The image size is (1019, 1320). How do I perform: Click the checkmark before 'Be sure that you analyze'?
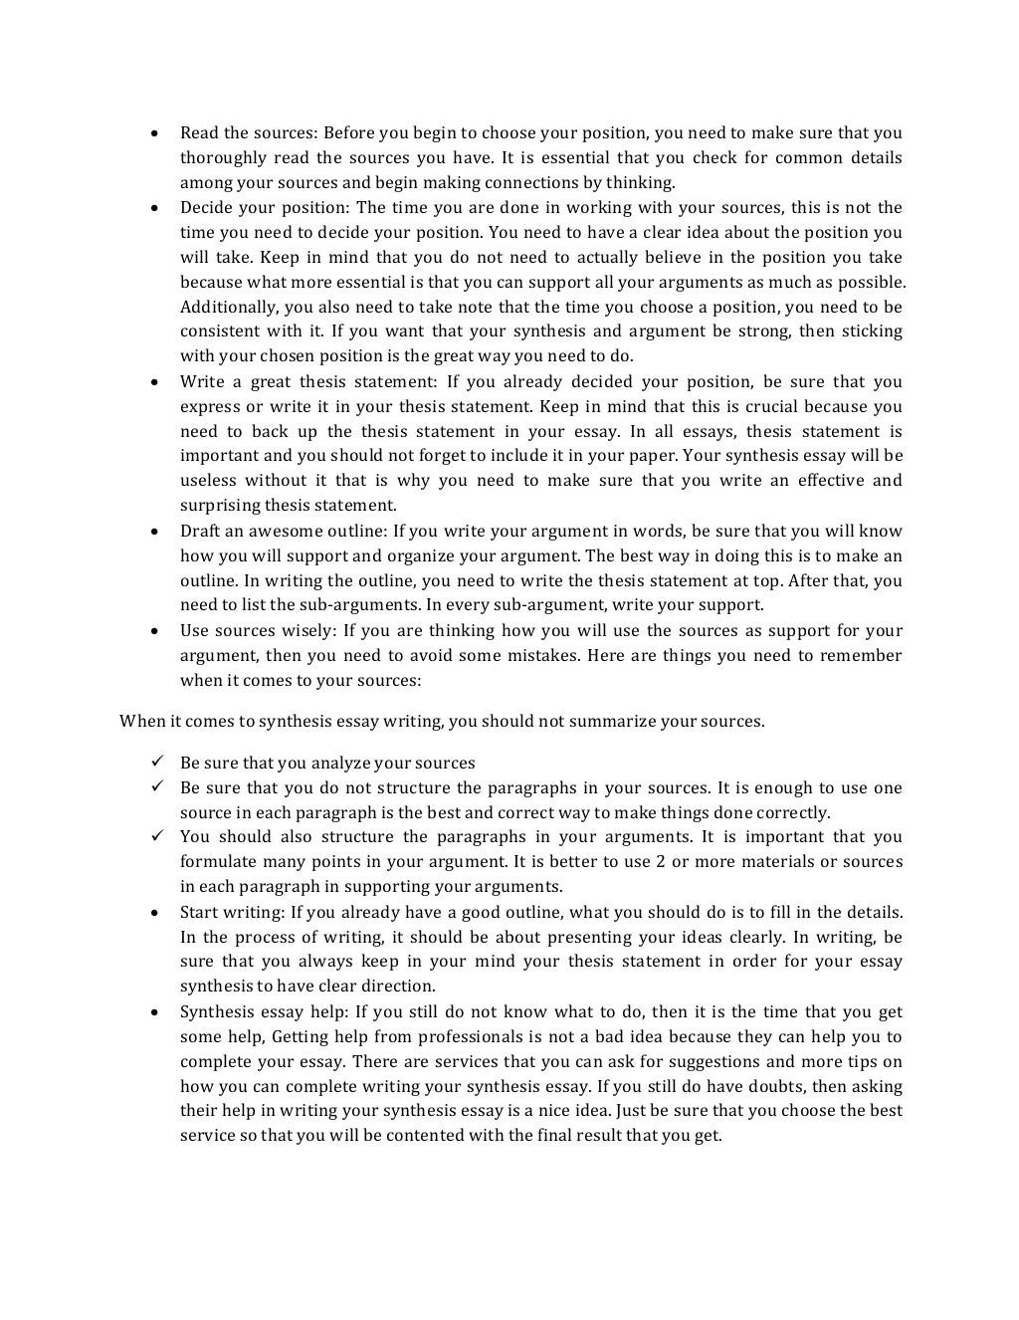point(157,763)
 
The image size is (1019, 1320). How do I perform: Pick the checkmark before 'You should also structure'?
point(157,837)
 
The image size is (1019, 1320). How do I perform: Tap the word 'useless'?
point(208,481)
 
